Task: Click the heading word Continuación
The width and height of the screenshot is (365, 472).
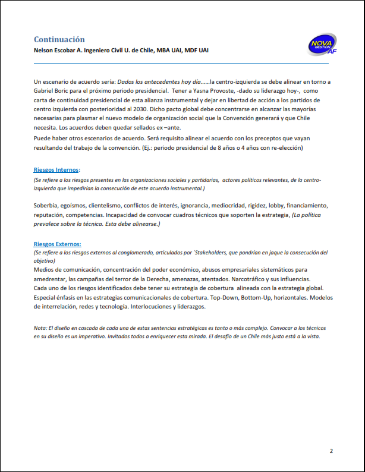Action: [x=59, y=39]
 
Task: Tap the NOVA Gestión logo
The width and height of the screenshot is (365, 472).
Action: [x=323, y=45]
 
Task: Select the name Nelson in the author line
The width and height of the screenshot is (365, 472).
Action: [x=46, y=50]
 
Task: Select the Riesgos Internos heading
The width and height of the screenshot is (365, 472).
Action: [x=56, y=170]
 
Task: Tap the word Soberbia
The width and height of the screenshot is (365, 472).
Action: [x=47, y=205]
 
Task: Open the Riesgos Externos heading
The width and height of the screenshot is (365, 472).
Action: [x=57, y=244]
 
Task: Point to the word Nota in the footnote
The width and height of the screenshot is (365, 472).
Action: [x=40, y=328]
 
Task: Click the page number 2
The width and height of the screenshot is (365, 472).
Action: [x=331, y=451]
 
